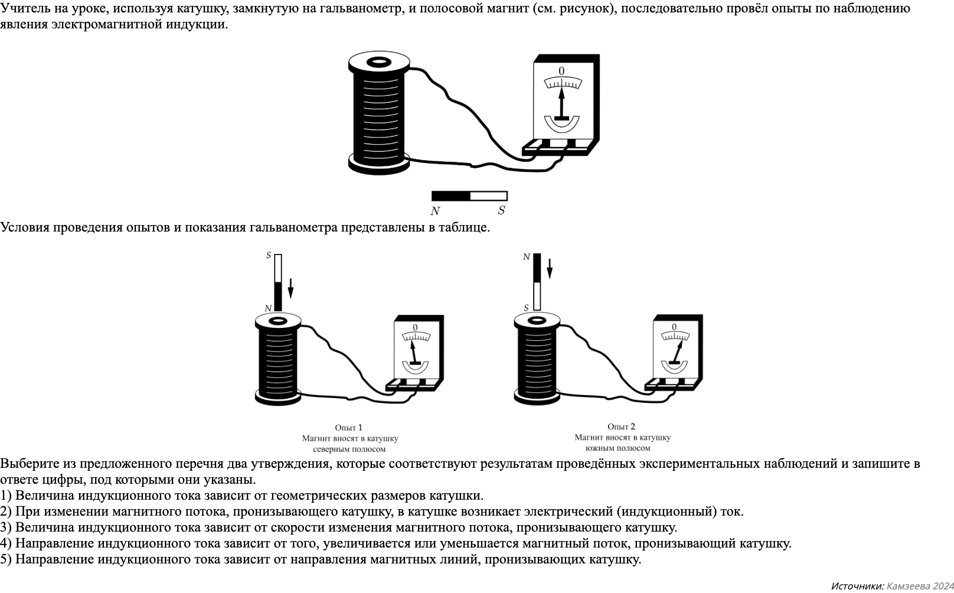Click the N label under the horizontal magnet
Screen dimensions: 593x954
(435, 211)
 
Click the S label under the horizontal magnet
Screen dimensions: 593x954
(501, 211)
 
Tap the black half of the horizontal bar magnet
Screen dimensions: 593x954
(451, 196)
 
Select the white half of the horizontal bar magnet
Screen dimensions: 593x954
(489, 196)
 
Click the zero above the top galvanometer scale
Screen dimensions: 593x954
(561, 71)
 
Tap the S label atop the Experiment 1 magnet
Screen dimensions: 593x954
(269, 256)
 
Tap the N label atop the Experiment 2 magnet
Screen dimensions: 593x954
(527, 257)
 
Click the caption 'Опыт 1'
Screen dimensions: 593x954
(349, 428)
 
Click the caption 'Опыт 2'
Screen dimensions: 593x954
(622, 426)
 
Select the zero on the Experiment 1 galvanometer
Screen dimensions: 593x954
(415, 328)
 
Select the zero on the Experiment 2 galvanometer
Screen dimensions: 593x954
(674, 327)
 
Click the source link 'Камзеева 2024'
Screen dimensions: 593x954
(920, 586)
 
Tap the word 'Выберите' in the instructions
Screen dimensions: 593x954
(28, 464)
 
